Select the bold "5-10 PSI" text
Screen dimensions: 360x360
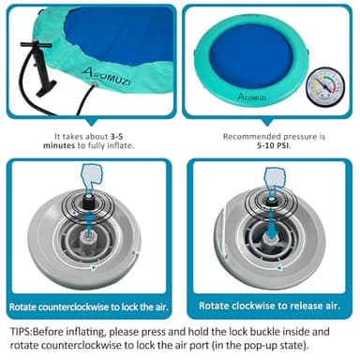[x=269, y=146]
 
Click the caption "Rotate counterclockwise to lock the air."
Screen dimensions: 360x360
[x=89, y=306]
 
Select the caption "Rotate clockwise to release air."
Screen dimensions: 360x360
[x=269, y=306]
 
